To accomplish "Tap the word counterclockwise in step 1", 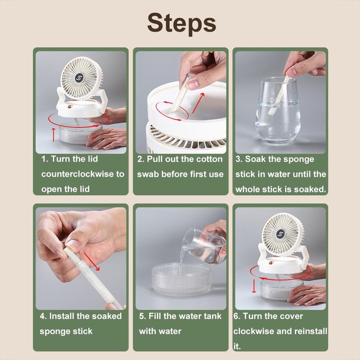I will [83, 174].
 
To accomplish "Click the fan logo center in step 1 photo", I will [79, 77].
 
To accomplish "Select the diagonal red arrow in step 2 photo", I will [198, 102].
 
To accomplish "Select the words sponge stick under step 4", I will [66, 331].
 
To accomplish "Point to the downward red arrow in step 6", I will [254, 285].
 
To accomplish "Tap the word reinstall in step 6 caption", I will [310, 331].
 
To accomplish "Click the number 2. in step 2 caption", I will [140, 159].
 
